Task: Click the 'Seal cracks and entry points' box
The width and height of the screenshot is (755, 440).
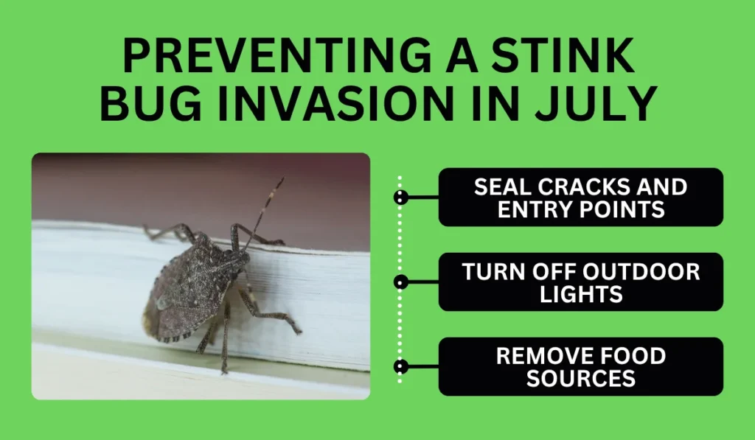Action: pyautogui.click(x=581, y=197)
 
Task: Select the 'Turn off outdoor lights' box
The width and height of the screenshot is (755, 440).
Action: pyautogui.click(x=581, y=282)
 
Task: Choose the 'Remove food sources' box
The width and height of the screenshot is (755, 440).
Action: pyautogui.click(x=581, y=366)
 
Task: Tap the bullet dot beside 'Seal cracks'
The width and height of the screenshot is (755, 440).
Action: pyautogui.click(x=400, y=197)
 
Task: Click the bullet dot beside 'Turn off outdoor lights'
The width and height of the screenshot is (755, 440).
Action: pyautogui.click(x=400, y=282)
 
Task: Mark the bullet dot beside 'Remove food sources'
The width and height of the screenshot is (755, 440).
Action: pyautogui.click(x=400, y=366)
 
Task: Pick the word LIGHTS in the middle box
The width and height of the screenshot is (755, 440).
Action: pyautogui.click(x=581, y=294)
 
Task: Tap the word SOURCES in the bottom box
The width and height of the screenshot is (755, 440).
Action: pyautogui.click(x=581, y=379)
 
